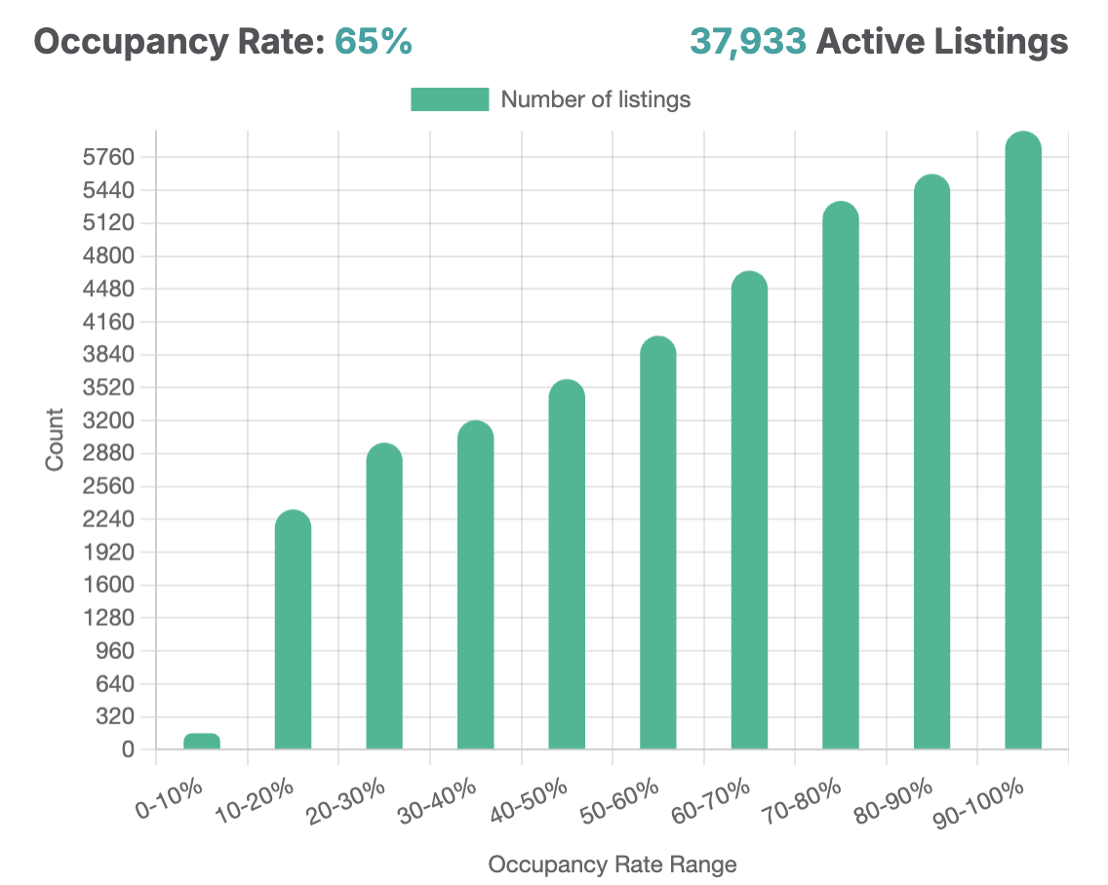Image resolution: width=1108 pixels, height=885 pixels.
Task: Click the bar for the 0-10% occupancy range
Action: [202, 742]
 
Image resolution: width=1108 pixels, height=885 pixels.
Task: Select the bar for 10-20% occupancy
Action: [293, 634]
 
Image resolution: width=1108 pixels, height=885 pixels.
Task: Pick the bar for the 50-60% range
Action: [658, 546]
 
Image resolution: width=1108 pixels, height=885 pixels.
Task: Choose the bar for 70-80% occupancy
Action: [841, 478]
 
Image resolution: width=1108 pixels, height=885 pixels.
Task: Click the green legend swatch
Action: [450, 99]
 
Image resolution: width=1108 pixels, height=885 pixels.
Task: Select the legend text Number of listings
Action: [595, 99]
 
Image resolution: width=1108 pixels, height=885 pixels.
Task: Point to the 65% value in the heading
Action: [374, 42]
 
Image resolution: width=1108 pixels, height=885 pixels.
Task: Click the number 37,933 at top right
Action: [748, 42]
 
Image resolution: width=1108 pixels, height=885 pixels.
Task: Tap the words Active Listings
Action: [942, 42]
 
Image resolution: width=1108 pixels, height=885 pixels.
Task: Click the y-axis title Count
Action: [55, 440]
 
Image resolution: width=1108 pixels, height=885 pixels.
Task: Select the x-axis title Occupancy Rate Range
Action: [613, 865]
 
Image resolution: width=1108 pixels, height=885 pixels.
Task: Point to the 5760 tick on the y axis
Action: [114, 158]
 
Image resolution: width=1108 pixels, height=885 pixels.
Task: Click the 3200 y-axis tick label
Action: [114, 421]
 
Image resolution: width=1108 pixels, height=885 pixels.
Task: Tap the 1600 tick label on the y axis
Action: [114, 586]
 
